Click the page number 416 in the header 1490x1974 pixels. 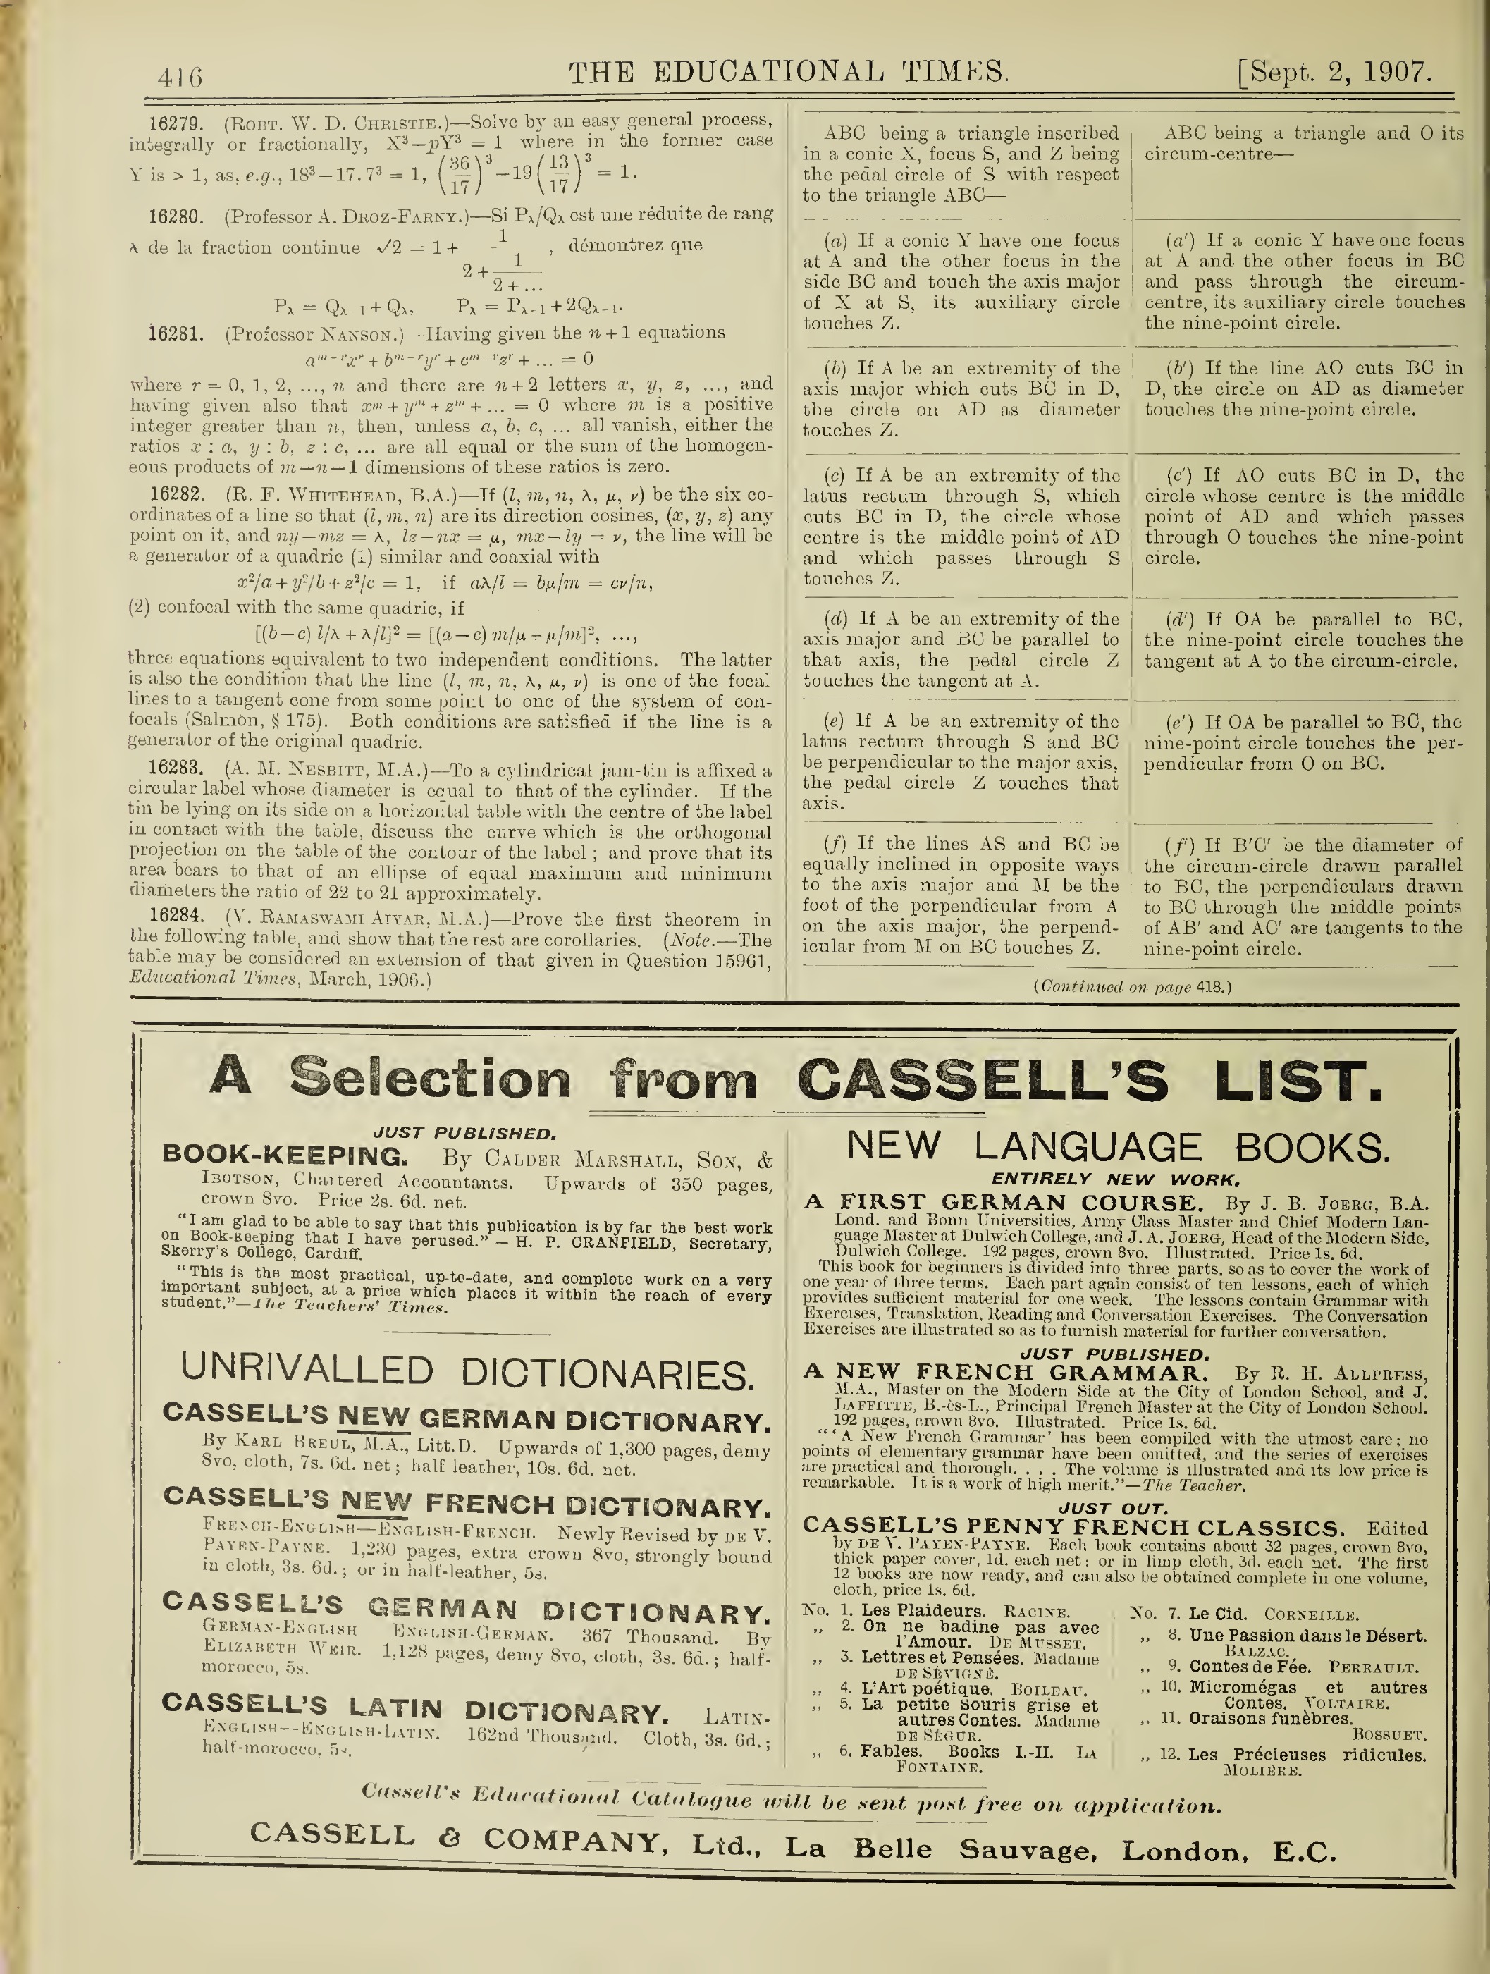(180, 77)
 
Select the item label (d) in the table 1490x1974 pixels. (837, 618)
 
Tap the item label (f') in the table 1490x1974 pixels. (1181, 844)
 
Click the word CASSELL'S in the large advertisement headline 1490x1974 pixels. (981, 1081)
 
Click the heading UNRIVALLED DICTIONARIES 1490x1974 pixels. (467, 1372)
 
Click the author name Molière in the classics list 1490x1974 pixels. (1262, 1770)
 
